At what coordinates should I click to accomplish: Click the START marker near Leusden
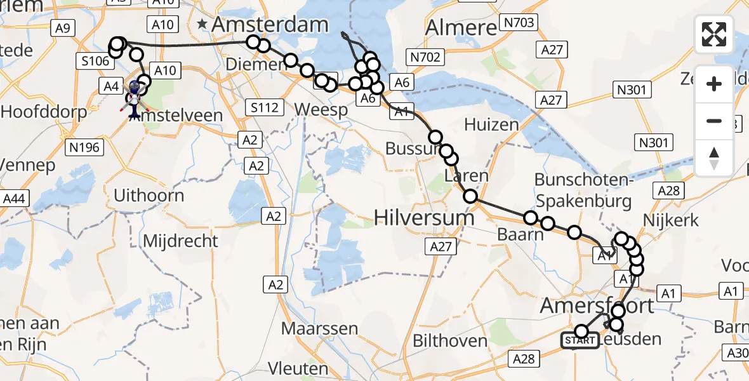pyautogui.click(x=580, y=341)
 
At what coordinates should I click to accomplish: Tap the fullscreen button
pyautogui.click(x=714, y=34)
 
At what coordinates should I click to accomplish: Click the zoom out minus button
pyautogui.click(x=714, y=121)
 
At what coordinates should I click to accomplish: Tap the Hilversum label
pyautogui.click(x=424, y=218)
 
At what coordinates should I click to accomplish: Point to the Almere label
pyautogui.click(x=461, y=27)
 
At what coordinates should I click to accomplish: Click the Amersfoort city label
pyautogui.click(x=597, y=306)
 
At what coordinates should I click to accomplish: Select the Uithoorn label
pyautogui.click(x=149, y=195)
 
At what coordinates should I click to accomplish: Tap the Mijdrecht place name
pyautogui.click(x=181, y=241)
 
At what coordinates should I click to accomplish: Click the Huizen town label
pyautogui.click(x=491, y=124)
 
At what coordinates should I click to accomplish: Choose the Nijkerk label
pyautogui.click(x=672, y=221)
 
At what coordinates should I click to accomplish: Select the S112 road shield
pyautogui.click(x=264, y=107)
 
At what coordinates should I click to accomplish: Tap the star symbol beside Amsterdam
pyautogui.click(x=202, y=25)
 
